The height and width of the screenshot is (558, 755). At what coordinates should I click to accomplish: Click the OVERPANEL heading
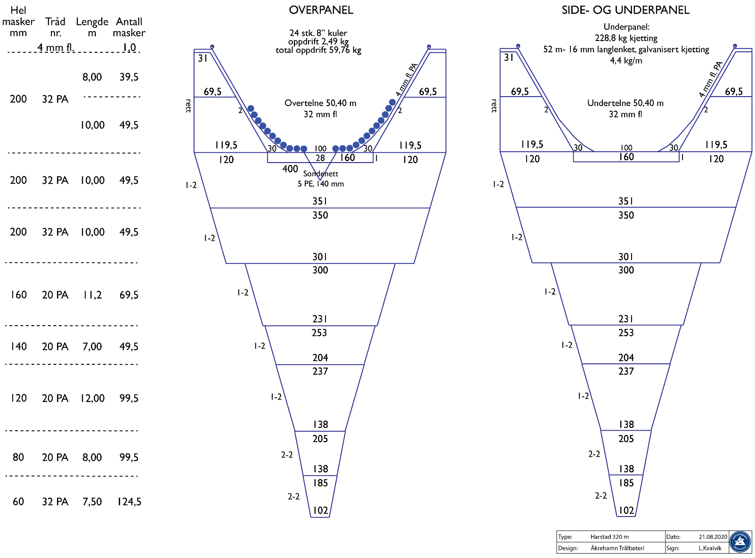(321, 10)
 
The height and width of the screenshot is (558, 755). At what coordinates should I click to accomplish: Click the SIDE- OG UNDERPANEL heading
(625, 10)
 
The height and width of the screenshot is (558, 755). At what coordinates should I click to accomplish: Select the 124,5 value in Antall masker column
(130, 501)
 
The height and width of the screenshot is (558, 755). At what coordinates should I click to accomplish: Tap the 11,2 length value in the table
(92, 295)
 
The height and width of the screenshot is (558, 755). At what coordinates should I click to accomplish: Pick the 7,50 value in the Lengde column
(92, 501)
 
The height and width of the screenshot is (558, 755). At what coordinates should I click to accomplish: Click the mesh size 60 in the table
(18, 501)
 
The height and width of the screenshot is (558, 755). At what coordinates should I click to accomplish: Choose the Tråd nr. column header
(55, 27)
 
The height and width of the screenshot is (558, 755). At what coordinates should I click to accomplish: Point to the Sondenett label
(321, 174)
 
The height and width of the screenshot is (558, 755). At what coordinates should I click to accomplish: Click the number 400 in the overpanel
(290, 169)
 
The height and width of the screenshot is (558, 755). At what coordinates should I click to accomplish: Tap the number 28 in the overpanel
(320, 158)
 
